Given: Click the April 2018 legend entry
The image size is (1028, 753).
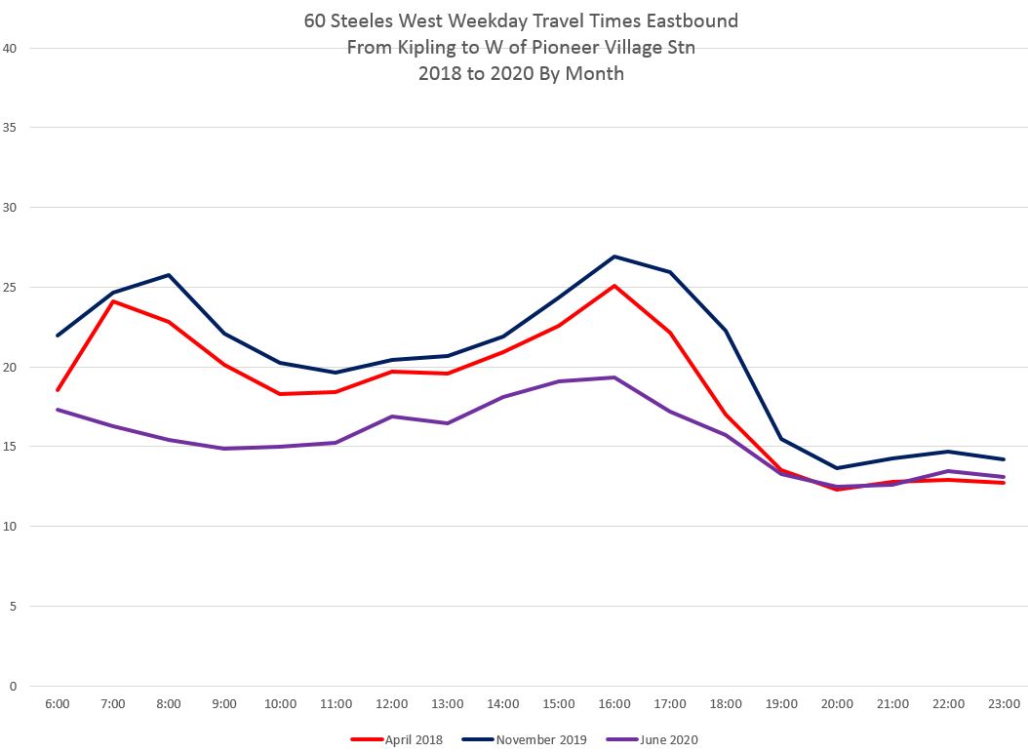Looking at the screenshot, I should pyautogui.click(x=398, y=739).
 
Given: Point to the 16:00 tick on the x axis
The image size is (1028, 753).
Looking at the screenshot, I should pyautogui.click(x=614, y=703).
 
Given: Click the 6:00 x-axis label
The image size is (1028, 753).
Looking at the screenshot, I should pyautogui.click(x=58, y=703).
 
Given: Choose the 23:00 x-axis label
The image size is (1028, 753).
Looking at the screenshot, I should pyautogui.click(x=1005, y=703).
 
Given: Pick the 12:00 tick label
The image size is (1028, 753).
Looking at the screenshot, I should pyautogui.click(x=392, y=703).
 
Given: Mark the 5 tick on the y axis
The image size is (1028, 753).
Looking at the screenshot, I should pyautogui.click(x=13, y=607).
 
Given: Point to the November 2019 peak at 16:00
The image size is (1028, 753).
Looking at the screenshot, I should pyautogui.click(x=614, y=257).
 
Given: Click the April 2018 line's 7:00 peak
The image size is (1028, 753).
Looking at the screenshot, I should pyautogui.click(x=113, y=301).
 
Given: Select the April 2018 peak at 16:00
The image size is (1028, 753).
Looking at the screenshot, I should pyautogui.click(x=614, y=286).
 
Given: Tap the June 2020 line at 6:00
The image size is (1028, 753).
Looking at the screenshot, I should pyautogui.click(x=58, y=410).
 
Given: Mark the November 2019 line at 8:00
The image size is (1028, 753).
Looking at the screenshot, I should pyautogui.click(x=170, y=275).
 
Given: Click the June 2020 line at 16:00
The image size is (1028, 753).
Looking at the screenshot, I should pyautogui.click(x=614, y=377).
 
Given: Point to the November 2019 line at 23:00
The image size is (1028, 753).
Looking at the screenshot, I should pyautogui.click(x=1005, y=459).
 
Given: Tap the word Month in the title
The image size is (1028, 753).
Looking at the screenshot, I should pyautogui.click(x=594, y=73).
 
